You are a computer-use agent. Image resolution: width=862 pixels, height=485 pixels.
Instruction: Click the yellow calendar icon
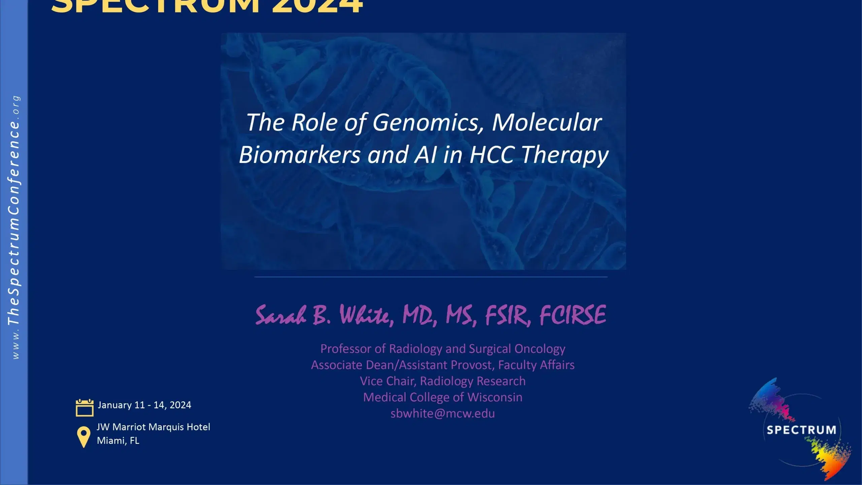[85, 408]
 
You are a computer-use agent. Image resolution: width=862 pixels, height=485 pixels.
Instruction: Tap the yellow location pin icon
[84, 437]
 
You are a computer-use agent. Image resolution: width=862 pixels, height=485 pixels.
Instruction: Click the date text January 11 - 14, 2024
[144, 405]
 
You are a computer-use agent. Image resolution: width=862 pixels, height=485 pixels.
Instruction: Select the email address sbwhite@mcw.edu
[442, 414]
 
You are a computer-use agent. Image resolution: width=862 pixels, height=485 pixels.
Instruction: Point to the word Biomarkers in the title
[299, 155]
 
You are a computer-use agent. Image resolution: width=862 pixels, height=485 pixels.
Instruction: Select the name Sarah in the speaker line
[281, 316]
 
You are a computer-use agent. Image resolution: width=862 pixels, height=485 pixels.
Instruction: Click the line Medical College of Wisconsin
[442, 397]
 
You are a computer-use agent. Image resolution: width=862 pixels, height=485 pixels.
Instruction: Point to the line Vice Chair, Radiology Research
[442, 381]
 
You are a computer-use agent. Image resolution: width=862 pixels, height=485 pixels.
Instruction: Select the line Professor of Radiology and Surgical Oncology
[442, 349]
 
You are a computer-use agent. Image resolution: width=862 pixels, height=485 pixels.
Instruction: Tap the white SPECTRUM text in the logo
[801, 430]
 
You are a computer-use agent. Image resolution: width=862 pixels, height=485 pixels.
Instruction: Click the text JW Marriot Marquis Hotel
[153, 427]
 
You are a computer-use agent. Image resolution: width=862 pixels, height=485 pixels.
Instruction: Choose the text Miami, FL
[118, 441]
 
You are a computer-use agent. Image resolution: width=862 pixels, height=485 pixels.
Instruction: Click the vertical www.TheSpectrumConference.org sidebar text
[14, 228]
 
